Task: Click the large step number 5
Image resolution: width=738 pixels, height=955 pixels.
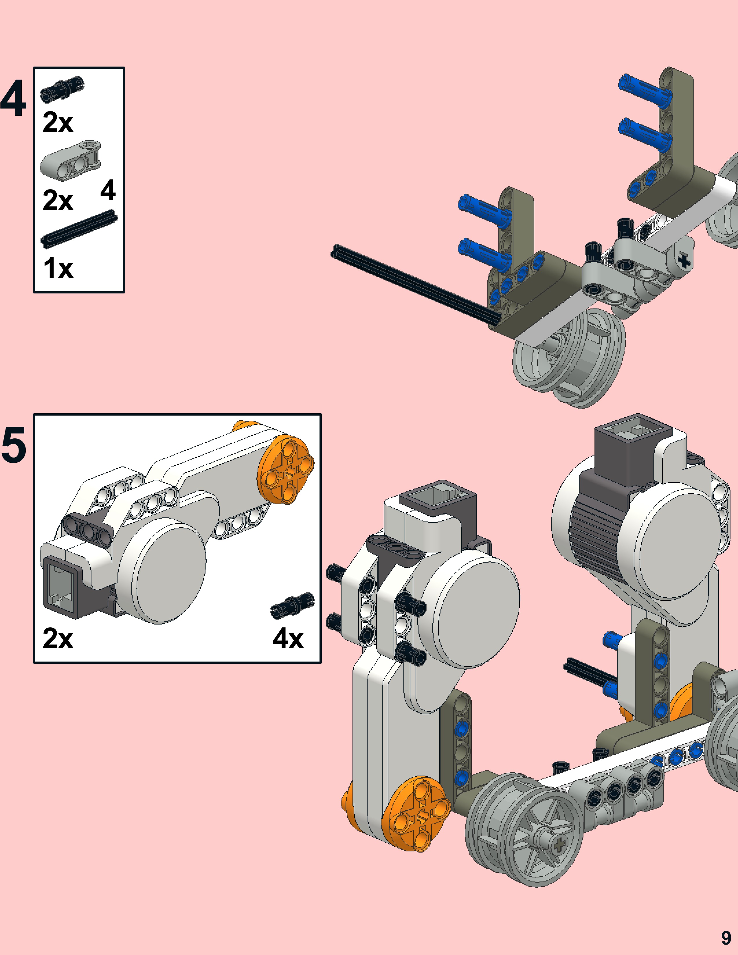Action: (14, 445)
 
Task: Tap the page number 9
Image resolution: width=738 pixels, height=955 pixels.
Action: (726, 938)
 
